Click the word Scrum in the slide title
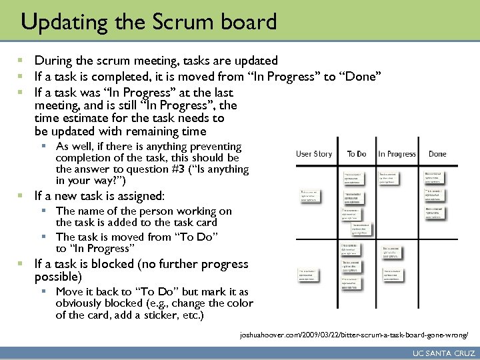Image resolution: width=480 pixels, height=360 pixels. pos(176,22)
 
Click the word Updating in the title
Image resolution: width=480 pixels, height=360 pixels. pos(59,22)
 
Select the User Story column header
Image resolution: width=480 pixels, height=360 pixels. pos(313,154)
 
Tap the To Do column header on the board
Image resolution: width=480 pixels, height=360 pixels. pos(357,154)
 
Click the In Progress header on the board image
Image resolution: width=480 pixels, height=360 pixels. pos(397,154)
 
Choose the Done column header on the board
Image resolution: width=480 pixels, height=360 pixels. pos(437,154)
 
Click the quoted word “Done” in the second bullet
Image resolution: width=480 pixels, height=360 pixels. pos(360,77)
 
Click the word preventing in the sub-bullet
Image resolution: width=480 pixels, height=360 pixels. pos(215,146)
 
